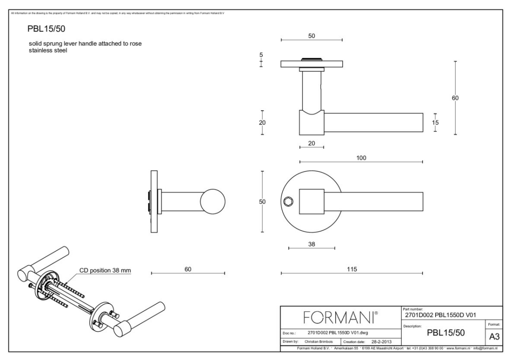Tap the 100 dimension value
point(361,158)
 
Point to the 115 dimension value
point(352,269)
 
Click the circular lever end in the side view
point(213,202)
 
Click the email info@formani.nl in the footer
point(484,348)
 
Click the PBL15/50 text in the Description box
point(442,332)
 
